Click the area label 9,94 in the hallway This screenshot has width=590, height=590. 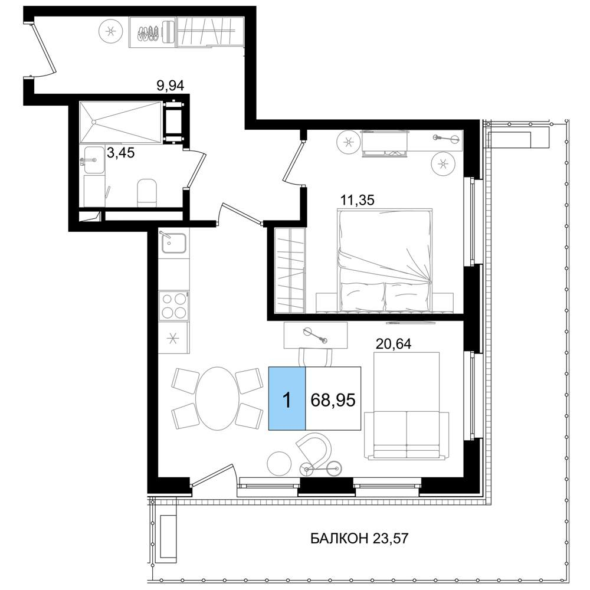[170, 86]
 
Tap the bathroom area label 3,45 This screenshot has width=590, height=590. [121, 153]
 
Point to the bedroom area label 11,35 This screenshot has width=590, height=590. [357, 200]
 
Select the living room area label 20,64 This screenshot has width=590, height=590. [394, 343]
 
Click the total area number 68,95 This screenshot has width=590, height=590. [333, 399]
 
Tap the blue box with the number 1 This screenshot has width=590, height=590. [287, 398]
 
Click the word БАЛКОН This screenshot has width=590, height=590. [339, 539]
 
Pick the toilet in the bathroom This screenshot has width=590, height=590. [147, 193]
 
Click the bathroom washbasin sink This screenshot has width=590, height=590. [93, 160]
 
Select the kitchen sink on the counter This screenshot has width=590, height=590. [173, 242]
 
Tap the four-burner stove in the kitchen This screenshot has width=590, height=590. [173, 305]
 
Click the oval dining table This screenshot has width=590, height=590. [217, 398]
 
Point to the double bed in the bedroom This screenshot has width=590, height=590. [385, 260]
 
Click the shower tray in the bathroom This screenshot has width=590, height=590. [120, 122]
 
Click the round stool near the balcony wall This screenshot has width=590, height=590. [279, 463]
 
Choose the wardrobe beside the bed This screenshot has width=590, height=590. [289, 270]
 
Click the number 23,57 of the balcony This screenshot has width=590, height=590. [390, 539]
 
